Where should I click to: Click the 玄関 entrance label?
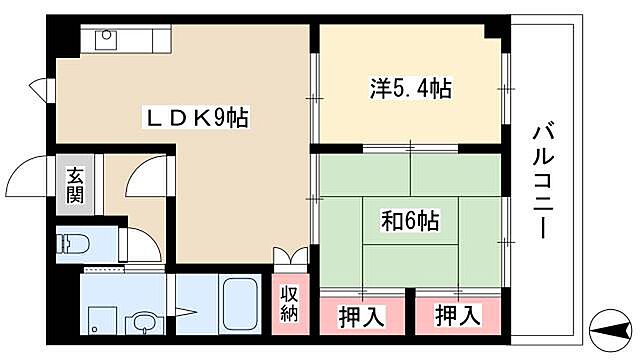point(76,183)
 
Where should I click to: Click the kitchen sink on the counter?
point(106,40)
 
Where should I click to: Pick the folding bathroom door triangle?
point(184,300)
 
